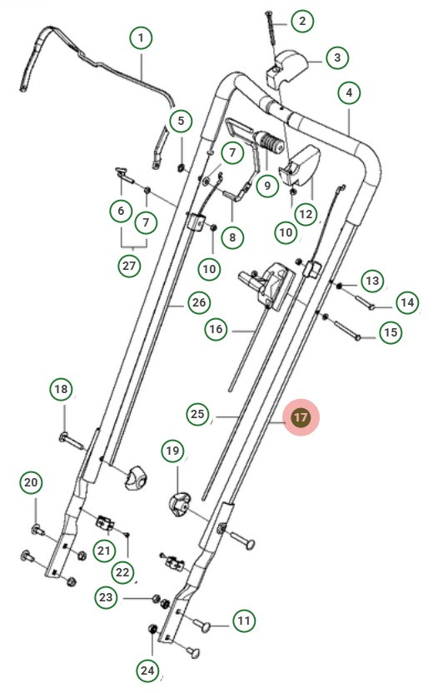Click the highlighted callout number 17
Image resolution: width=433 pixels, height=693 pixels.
coord(301,417)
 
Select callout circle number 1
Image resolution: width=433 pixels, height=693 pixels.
coord(141,37)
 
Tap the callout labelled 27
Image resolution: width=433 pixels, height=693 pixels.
coord(129,266)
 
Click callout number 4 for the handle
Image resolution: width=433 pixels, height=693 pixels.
coord(349,92)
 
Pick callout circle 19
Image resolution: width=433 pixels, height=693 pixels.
coord(172,451)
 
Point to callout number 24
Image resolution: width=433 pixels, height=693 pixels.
coord(147,671)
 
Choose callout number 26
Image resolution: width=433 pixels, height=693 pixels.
coord(199,302)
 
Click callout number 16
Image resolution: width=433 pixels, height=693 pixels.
coord(216,329)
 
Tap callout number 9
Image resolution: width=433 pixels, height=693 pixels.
coord(267,185)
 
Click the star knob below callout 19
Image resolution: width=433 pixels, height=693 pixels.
coord(178,504)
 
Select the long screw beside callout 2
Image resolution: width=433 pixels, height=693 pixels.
coord(271,27)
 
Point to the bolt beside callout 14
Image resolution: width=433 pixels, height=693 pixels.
coord(365,301)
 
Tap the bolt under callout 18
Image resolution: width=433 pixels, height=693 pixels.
coord(72,441)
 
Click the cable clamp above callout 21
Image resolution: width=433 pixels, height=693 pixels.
coord(105,523)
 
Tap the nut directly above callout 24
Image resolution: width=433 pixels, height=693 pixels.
coord(152,629)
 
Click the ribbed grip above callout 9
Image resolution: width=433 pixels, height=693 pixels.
coord(271,142)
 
